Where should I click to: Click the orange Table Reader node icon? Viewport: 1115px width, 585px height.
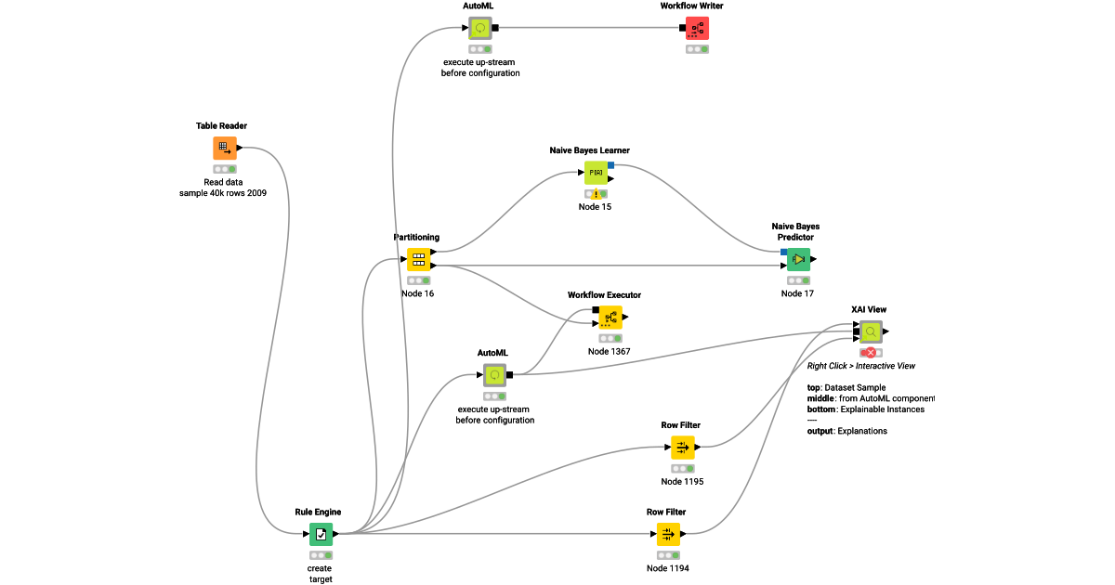tap(224, 148)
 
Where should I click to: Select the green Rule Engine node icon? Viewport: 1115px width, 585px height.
tap(321, 534)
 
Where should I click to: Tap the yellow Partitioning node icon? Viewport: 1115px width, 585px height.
tap(418, 259)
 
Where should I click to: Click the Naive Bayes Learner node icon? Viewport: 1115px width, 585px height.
tap(596, 173)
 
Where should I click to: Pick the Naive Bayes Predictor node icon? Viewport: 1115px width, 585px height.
tap(798, 259)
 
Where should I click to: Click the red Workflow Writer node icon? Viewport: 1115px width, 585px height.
tap(697, 28)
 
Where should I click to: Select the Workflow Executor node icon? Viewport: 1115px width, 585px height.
tap(610, 318)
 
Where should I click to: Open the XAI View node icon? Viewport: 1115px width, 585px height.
tap(871, 331)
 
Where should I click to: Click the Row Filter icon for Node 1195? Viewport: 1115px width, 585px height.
tap(682, 448)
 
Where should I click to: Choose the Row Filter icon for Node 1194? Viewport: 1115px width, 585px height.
tap(668, 534)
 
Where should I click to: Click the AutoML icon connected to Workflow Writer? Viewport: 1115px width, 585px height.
tap(480, 28)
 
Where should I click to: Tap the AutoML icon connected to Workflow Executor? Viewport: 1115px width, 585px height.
tap(494, 375)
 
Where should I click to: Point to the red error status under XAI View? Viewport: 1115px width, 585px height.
tap(871, 353)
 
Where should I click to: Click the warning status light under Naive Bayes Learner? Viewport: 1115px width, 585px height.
tap(596, 194)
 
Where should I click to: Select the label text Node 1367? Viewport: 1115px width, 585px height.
tap(609, 352)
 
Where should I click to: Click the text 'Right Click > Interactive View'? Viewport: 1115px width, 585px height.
tap(860, 366)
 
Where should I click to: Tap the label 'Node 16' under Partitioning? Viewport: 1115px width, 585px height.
tap(417, 293)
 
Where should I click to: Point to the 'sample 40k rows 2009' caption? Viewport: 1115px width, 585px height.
tap(223, 193)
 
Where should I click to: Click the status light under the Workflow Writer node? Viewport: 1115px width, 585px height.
tap(697, 49)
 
